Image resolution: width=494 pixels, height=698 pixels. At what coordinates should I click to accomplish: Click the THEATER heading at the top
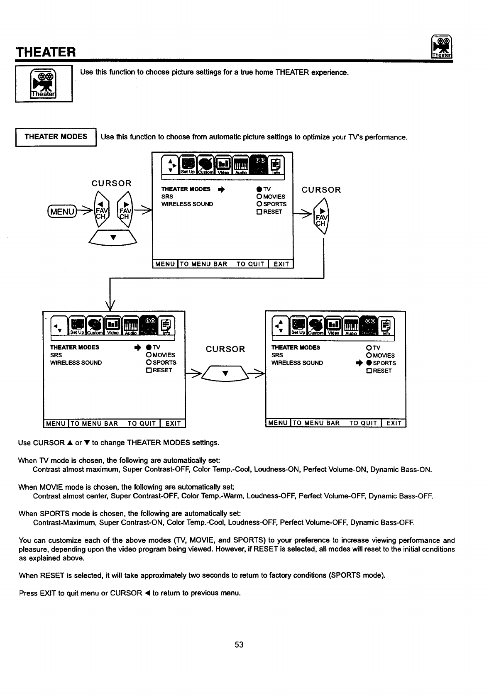46,52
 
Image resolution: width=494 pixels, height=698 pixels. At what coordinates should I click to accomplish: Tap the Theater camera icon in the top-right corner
442,47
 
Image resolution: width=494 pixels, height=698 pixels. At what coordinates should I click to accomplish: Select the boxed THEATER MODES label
56,137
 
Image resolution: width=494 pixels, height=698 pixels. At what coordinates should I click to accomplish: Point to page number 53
239,644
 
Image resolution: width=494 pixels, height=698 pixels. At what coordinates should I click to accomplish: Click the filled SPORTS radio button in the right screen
368,363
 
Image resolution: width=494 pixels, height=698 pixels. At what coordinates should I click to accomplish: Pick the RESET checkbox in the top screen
259,212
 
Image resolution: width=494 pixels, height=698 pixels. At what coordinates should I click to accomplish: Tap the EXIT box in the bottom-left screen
173,423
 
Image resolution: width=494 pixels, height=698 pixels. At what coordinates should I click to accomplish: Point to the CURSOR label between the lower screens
225,349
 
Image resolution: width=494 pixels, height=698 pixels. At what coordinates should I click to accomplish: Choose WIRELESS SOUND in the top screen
187,204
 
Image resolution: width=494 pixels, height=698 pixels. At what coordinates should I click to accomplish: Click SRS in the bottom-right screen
277,355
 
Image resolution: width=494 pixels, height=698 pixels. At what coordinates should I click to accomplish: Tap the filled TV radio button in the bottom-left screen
148,347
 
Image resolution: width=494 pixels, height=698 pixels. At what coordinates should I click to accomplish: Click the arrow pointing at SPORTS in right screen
359,363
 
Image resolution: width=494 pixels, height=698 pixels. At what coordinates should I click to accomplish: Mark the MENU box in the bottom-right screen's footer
278,423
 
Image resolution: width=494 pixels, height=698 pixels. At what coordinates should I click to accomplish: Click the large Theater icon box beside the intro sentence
44,84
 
